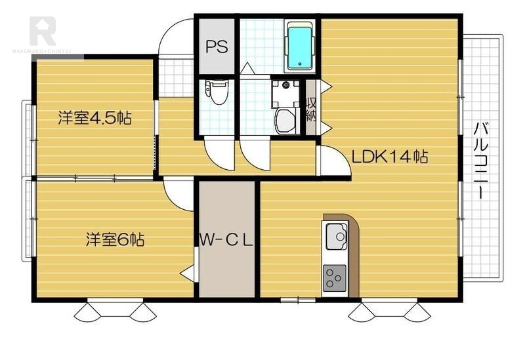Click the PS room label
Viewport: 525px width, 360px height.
(217, 47)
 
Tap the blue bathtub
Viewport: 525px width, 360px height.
(300, 48)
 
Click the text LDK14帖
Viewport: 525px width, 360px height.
(389, 157)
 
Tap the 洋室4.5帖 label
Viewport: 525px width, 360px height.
(94, 118)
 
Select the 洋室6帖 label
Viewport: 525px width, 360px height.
(115, 239)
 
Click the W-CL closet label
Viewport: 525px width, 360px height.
(226, 240)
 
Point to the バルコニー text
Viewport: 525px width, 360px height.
(481, 161)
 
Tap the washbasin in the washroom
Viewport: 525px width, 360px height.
(285, 121)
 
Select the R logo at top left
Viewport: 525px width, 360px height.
(43, 31)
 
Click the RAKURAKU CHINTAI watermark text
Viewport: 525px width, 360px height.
(42, 51)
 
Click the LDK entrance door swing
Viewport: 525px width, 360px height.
(335, 161)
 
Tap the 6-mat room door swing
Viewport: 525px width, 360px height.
(178, 196)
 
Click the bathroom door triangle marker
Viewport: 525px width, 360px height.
(248, 68)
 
